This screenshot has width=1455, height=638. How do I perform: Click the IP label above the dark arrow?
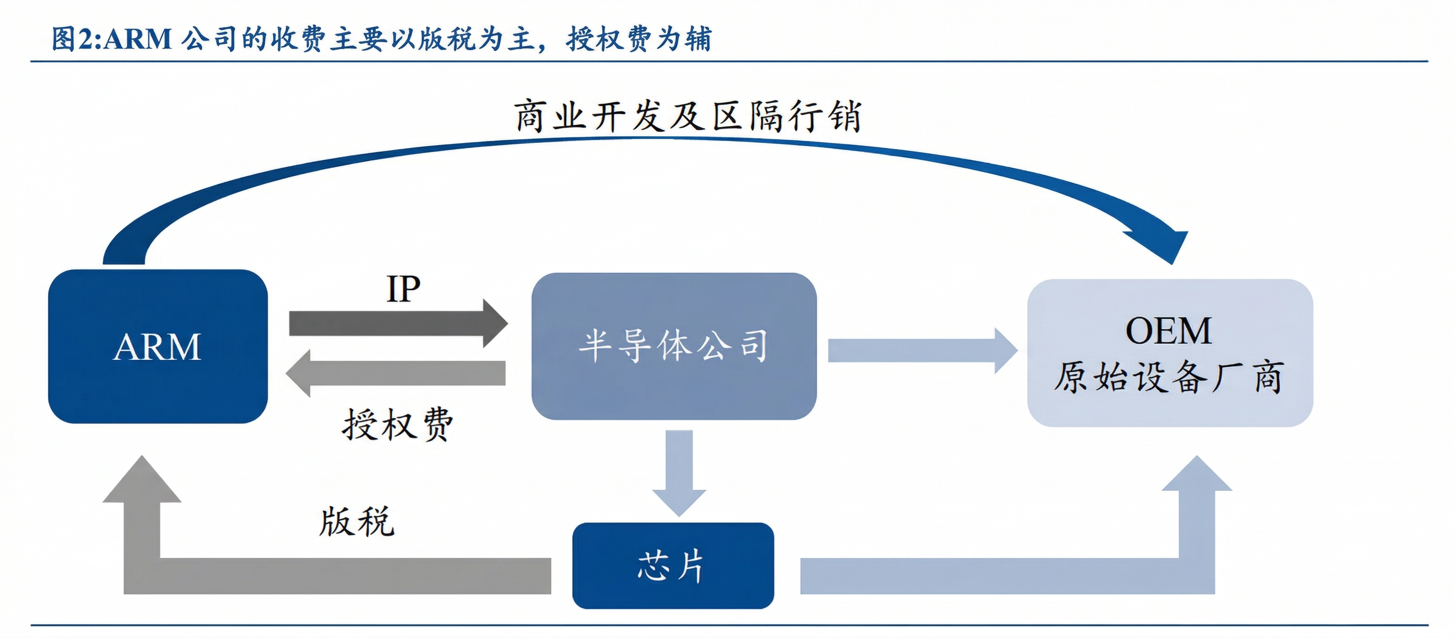pyautogui.click(x=403, y=289)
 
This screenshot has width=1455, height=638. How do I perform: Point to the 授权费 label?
pyautogui.click(x=397, y=425)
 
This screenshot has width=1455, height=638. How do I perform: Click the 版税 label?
pyautogui.click(x=356, y=522)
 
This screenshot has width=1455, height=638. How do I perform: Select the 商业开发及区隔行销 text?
pyautogui.click(x=688, y=116)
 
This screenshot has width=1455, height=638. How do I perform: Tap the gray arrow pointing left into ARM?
pyautogui.click(x=395, y=373)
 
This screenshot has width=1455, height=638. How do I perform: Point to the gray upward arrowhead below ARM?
pyautogui.click(x=142, y=483)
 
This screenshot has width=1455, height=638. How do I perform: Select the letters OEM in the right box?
pyautogui.click(x=1168, y=331)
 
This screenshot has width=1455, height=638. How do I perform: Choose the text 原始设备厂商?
pyautogui.click(x=1168, y=377)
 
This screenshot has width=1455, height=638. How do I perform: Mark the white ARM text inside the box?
pyautogui.click(x=158, y=347)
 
